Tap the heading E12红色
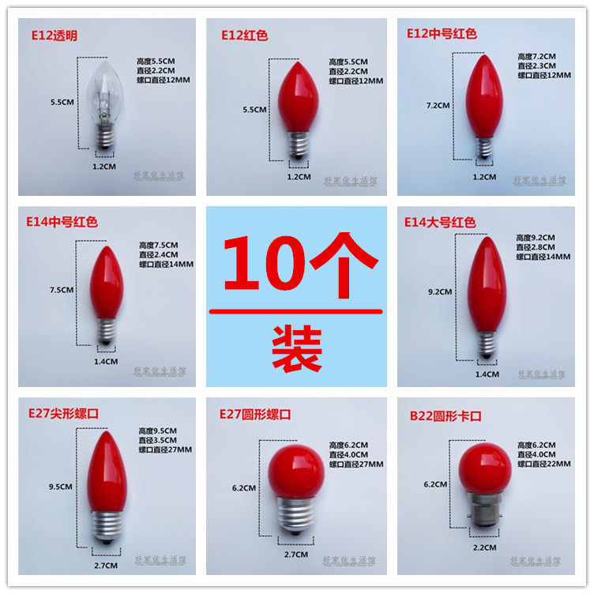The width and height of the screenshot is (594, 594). (x=246, y=35)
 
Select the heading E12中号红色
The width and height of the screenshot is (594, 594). (x=442, y=34)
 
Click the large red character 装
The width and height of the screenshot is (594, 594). (x=296, y=348)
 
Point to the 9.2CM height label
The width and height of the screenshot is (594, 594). (x=439, y=291)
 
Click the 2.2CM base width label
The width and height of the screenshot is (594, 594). (x=484, y=547)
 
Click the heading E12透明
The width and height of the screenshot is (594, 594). (x=52, y=35)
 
